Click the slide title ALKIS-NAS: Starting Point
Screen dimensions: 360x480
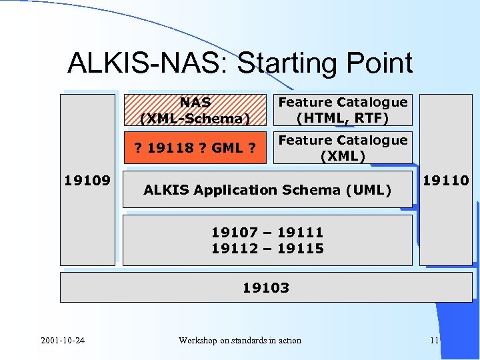point(240,63)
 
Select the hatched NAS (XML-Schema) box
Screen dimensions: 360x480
point(195,110)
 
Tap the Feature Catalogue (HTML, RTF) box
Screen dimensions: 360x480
point(343,110)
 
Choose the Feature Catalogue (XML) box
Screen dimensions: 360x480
point(343,148)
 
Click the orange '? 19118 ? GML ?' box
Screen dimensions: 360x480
point(195,148)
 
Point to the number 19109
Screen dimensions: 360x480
point(87,180)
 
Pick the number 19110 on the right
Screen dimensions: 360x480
point(446,180)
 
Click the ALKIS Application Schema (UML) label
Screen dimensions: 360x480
point(267,190)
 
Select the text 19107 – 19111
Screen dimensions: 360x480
point(267,232)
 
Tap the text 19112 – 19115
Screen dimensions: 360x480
point(267,249)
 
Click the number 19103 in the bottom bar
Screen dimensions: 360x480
point(265,288)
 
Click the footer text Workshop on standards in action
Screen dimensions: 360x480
point(240,341)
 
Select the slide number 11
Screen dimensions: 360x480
point(435,341)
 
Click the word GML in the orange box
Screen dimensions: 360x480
point(226,148)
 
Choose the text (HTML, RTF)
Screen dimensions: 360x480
point(343,118)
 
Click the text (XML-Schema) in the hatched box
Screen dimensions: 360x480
point(195,119)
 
